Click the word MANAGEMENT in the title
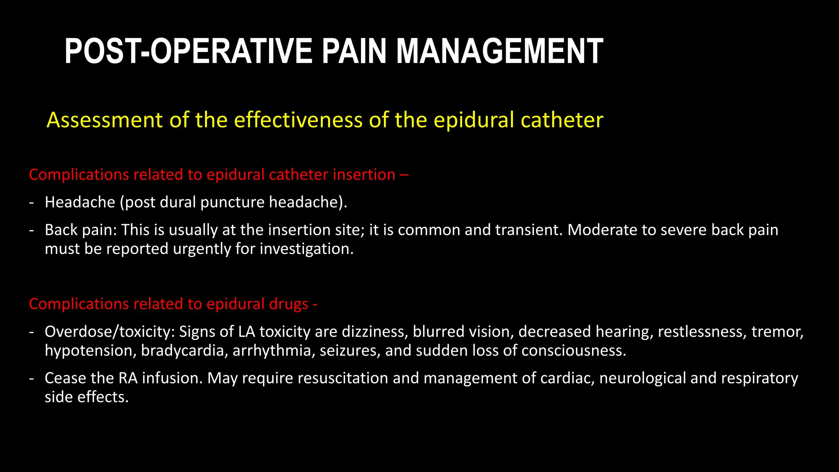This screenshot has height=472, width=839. coord(499,51)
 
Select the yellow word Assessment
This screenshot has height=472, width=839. coord(105,120)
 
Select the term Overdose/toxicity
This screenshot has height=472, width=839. coord(109,331)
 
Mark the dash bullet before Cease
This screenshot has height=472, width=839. coord(32,378)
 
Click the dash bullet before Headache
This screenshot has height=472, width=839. coord(32,202)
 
